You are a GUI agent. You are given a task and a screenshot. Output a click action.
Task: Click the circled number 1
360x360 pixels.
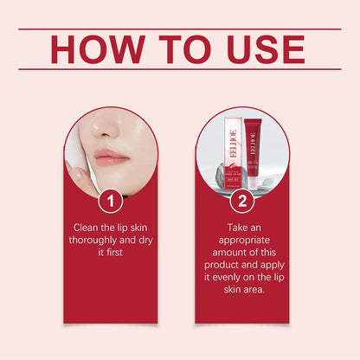pyautogui.click(x=109, y=202)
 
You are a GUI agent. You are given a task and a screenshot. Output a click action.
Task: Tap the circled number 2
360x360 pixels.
pyautogui.click(x=242, y=202)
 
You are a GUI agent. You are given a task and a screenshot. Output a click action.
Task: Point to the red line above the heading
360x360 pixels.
pyautogui.click(x=180, y=29)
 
